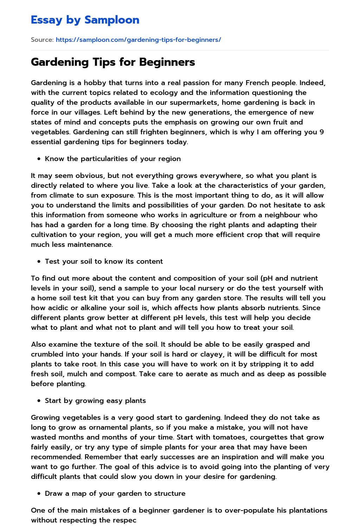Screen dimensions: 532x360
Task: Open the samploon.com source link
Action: (x=138, y=40)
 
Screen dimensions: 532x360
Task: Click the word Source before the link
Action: (x=42, y=40)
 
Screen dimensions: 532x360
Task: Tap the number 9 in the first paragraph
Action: (x=322, y=132)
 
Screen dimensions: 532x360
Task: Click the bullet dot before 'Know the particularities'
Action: (x=39, y=159)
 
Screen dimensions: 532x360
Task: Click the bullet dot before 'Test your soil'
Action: (x=39, y=262)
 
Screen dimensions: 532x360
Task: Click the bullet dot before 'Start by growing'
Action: (x=39, y=401)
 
